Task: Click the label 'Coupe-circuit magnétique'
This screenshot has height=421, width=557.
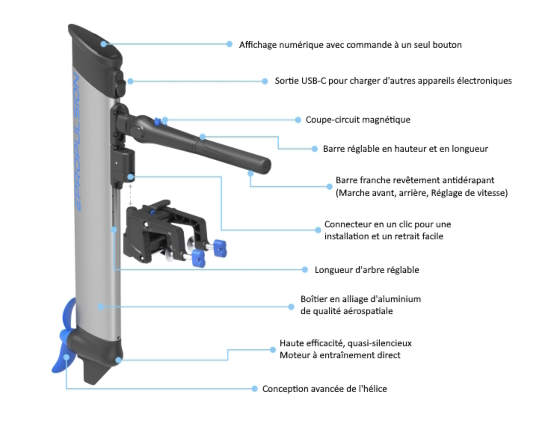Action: tap(358, 120)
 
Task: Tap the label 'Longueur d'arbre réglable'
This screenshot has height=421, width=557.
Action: tap(366, 270)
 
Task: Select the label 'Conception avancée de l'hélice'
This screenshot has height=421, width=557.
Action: tap(324, 389)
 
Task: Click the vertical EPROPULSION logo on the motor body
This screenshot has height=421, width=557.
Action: tap(77, 142)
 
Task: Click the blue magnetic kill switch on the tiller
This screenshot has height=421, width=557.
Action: tap(158, 121)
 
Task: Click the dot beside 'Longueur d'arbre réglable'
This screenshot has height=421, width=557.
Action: tap(305, 270)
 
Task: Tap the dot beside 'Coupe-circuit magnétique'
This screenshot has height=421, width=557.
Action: tap(298, 120)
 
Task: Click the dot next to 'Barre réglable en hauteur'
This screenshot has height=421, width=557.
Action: tap(315, 149)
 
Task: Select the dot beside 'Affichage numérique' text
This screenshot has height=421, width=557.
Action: tap(230, 44)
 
